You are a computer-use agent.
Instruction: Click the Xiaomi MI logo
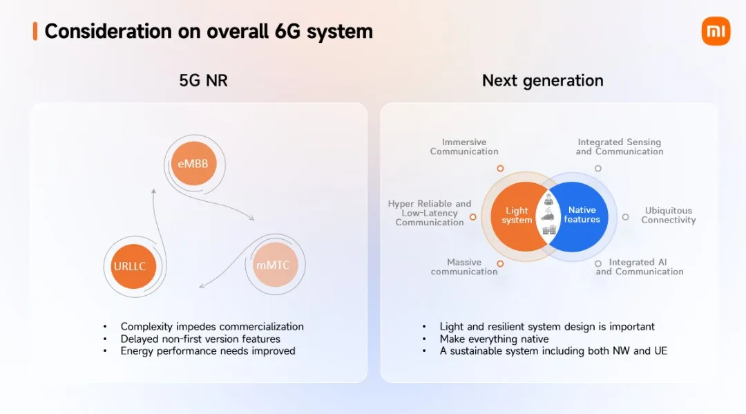point(715,31)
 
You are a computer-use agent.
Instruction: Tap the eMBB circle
point(193,164)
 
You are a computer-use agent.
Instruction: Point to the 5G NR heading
point(203,80)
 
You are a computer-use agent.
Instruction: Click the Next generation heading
point(542,80)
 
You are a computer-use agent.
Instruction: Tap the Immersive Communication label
point(464,147)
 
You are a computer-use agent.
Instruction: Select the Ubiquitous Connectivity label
point(668,215)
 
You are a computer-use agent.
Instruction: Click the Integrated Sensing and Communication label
point(619,147)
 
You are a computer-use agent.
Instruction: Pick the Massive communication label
point(463,267)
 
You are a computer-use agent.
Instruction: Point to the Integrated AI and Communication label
point(639,267)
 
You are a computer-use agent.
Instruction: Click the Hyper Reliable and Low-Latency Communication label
point(429,213)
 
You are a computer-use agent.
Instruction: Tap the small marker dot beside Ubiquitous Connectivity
point(625,216)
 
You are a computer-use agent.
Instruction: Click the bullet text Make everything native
point(494,339)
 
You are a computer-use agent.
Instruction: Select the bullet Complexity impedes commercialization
point(211,326)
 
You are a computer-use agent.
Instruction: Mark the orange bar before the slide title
point(35,31)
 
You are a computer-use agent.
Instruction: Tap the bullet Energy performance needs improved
point(207,350)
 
